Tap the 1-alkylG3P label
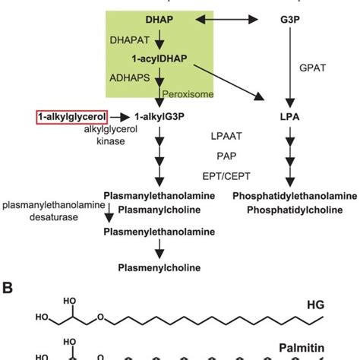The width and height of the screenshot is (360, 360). [156, 116]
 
